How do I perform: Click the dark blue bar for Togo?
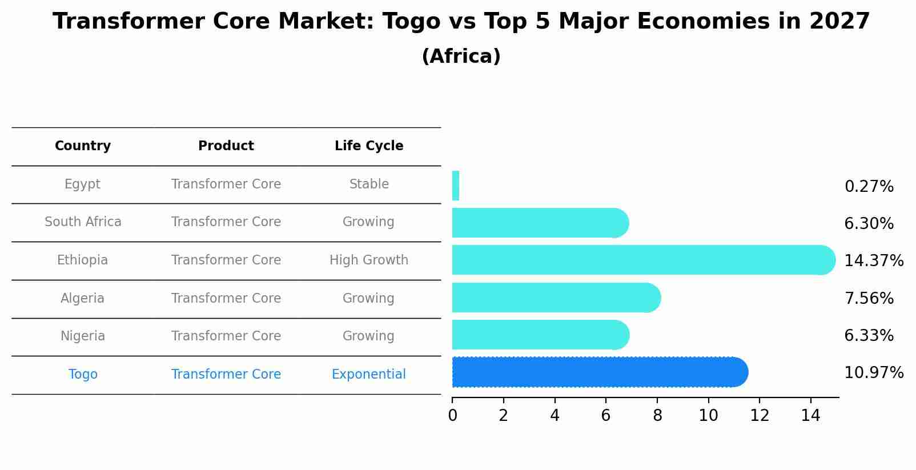point(600,372)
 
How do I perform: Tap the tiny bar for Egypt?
point(456,186)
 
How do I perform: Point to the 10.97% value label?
point(873,373)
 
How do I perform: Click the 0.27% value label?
point(869,187)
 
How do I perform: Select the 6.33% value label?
point(869,336)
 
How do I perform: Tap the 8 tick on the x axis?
point(657,416)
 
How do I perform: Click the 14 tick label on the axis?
point(810,416)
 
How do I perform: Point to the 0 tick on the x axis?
point(452,416)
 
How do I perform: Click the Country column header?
point(83,146)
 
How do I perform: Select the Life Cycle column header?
point(369,146)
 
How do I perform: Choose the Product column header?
point(226,146)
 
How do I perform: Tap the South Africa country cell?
point(83,222)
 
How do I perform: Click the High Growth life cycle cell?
point(369,260)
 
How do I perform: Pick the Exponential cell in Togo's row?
point(369,375)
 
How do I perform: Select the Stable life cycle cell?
point(369,184)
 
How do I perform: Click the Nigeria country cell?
point(83,336)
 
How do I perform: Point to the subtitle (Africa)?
point(461,57)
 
